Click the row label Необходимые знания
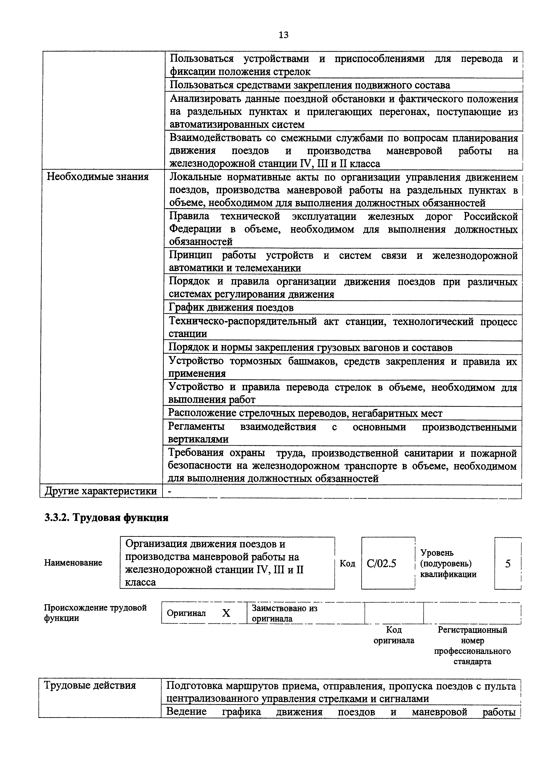click(97, 177)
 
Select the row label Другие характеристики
click(101, 491)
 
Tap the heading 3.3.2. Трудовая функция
click(106, 517)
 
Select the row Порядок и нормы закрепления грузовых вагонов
click(310, 347)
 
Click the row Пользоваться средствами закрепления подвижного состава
click(310, 85)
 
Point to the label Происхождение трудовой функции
click(95, 613)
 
